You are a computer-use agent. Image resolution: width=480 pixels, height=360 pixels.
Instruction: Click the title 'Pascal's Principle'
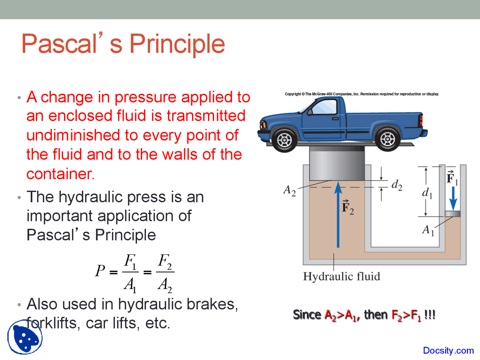pos(123,44)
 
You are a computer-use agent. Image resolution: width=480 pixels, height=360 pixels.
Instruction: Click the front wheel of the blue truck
pos(284,140)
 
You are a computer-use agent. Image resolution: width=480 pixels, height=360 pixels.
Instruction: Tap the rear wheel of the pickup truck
pos(387,139)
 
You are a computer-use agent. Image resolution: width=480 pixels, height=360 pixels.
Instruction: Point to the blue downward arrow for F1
pos(453,199)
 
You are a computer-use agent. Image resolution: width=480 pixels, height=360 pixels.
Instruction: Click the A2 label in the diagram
pos(289,190)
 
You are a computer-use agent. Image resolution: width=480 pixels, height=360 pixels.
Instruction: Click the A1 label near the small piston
pos(428,229)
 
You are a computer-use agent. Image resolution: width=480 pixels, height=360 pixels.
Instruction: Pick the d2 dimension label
pos(397,185)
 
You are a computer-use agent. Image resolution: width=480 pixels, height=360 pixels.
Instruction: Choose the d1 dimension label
pos(427,193)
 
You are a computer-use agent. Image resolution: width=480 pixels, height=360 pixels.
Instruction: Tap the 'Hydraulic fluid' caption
pos(342,277)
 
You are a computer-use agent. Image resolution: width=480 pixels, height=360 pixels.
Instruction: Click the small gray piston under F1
pos(453,214)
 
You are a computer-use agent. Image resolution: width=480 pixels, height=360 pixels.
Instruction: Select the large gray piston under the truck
pos(337,163)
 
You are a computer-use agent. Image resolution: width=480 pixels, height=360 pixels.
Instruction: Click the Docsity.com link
pos(448,351)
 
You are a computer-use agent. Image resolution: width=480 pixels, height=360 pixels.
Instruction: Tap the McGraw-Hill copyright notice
pos(361,94)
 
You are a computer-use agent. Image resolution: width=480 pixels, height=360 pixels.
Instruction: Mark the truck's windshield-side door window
pos(324,108)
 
